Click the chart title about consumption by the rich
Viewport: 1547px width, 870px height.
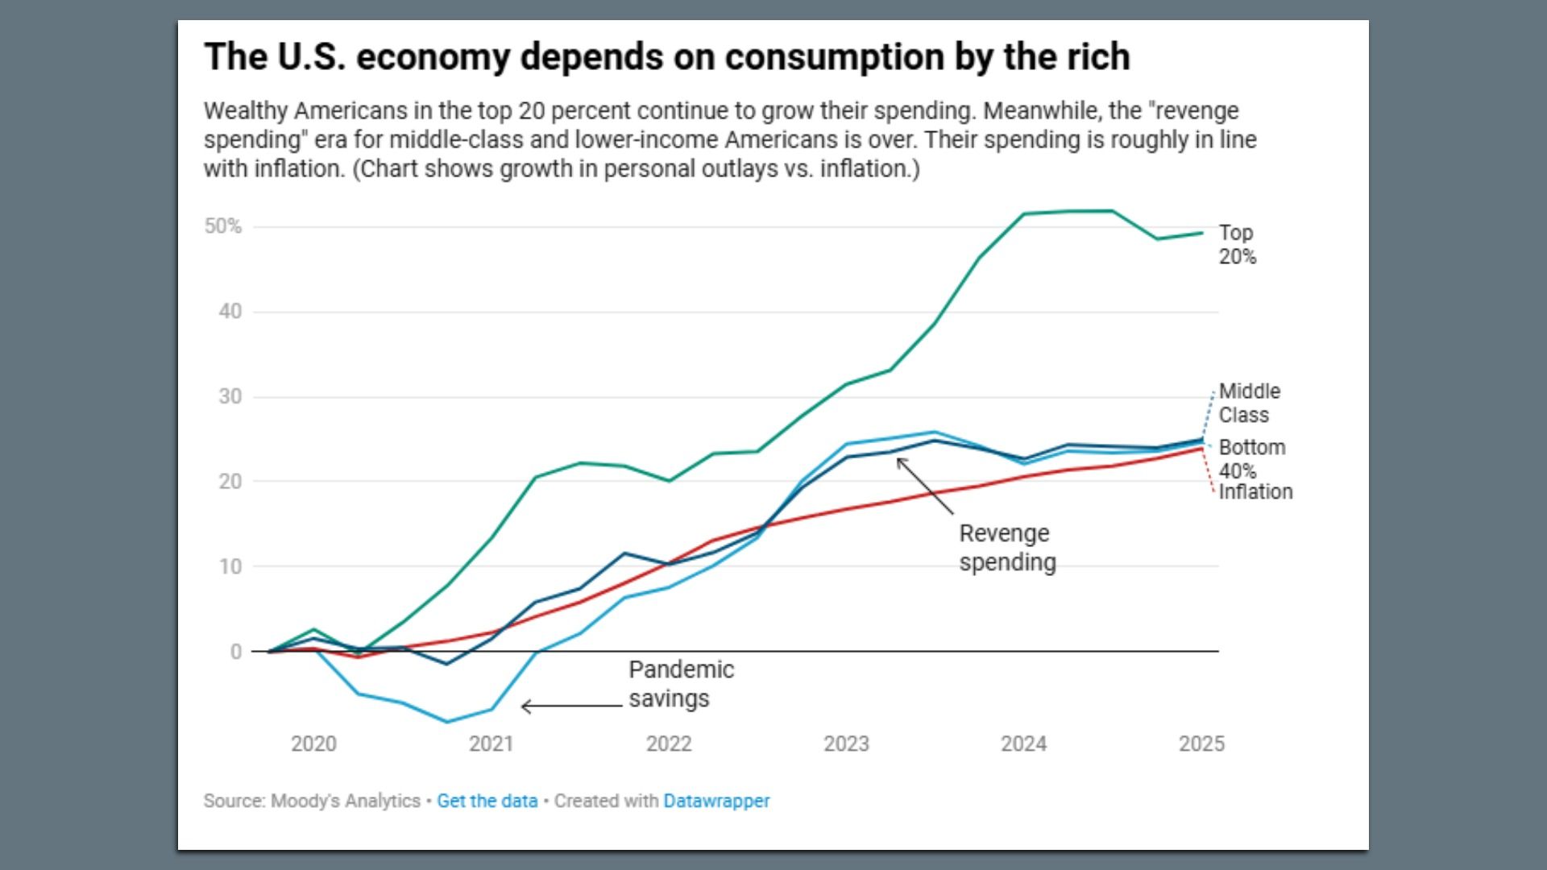click(666, 57)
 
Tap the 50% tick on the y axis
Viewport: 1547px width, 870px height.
click(222, 226)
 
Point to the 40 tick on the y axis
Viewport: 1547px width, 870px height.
click(230, 311)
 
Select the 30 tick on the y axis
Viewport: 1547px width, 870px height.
click(230, 396)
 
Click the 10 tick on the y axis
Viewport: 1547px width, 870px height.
click(230, 566)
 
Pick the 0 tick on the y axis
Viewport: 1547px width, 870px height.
click(235, 652)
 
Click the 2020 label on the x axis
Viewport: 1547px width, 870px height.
click(313, 744)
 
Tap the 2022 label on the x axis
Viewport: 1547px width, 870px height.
click(669, 744)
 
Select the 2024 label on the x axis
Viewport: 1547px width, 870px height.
click(1023, 744)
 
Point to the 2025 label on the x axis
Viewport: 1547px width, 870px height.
click(1201, 744)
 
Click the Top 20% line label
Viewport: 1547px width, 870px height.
click(1237, 244)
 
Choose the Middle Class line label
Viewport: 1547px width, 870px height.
click(1249, 403)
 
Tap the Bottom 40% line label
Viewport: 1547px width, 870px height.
click(1251, 458)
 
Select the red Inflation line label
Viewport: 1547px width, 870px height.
click(1255, 491)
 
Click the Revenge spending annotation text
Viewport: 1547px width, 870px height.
click(1006, 548)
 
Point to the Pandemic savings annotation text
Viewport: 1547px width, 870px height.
click(681, 684)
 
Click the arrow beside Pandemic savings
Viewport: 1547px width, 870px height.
click(571, 706)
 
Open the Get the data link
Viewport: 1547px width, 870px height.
click(487, 801)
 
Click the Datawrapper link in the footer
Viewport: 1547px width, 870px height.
click(716, 801)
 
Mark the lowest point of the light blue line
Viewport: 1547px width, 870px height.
click(447, 722)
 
